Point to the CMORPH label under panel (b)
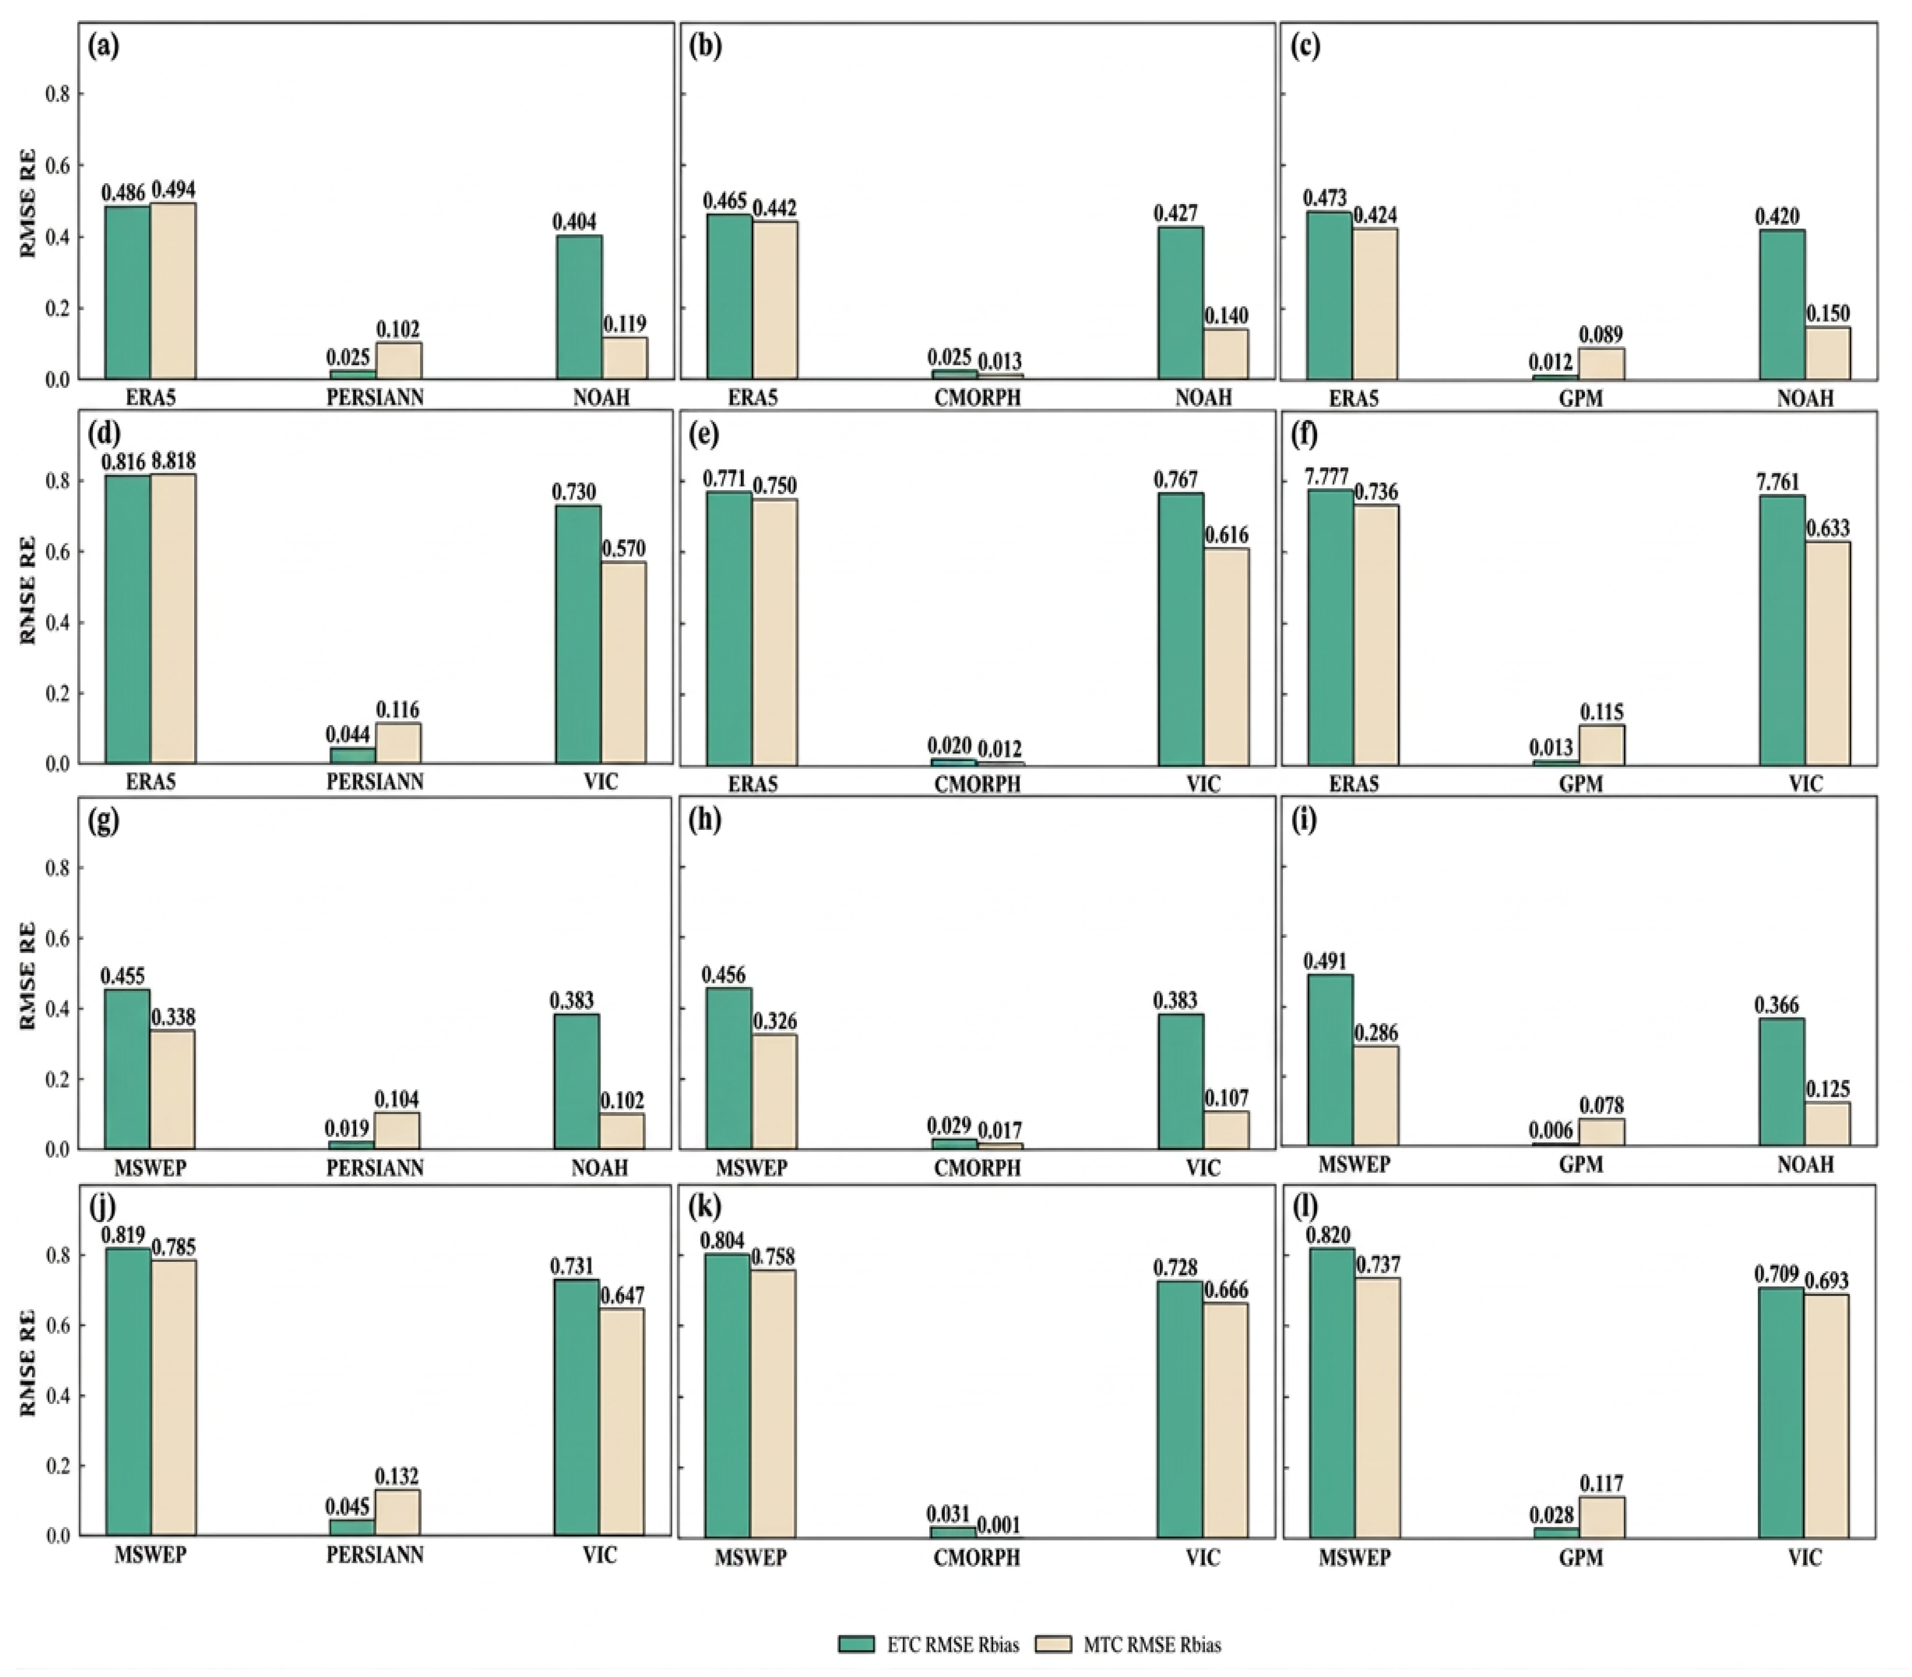coord(977,397)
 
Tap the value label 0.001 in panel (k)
coord(999,1525)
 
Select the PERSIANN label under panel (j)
coord(375,1555)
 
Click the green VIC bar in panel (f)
coord(1782,631)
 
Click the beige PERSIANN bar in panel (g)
coord(397,1131)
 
